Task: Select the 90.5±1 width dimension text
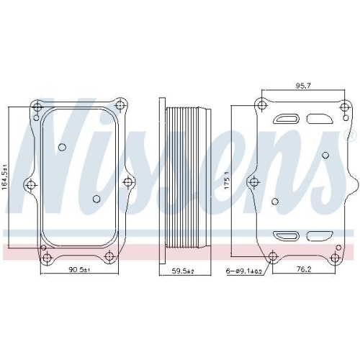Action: click(79, 270)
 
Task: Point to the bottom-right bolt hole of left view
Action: click(112, 258)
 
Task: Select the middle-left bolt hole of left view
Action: click(30, 184)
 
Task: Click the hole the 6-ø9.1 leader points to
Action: click(272, 257)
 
